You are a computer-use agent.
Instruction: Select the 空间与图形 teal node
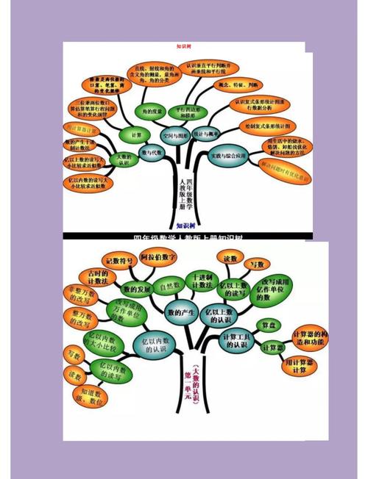point(175,136)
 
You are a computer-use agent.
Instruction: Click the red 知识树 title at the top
point(184,46)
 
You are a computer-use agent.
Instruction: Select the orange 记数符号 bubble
point(119,260)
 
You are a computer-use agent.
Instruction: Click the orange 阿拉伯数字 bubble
point(159,258)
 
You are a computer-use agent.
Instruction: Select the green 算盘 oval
point(267,325)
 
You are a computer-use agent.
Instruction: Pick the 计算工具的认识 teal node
point(239,340)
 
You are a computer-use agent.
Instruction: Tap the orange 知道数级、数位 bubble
point(91,397)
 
